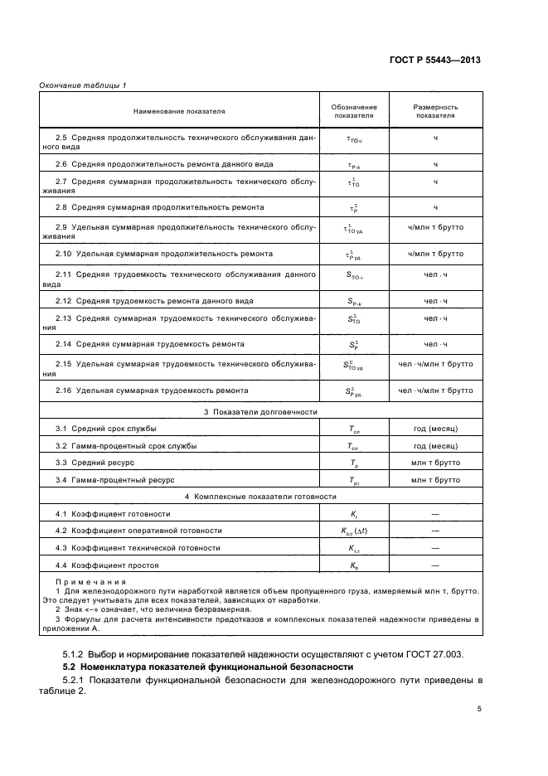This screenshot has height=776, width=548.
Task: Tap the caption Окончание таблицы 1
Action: click(82, 85)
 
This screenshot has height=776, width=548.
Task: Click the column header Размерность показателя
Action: click(435, 111)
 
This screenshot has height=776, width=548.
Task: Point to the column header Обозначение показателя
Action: click(354, 111)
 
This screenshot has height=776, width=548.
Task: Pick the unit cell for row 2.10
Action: click(435, 253)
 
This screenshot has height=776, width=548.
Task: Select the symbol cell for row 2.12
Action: click(354, 301)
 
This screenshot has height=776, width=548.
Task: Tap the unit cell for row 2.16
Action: click(435, 390)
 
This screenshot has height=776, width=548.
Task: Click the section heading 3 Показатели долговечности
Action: click(260, 412)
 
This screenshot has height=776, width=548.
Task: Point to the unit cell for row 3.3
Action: click(435, 462)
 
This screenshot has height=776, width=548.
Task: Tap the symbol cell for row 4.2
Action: click(354, 531)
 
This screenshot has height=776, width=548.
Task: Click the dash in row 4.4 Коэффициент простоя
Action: click(435, 565)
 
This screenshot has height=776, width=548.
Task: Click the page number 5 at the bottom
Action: click(478, 709)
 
